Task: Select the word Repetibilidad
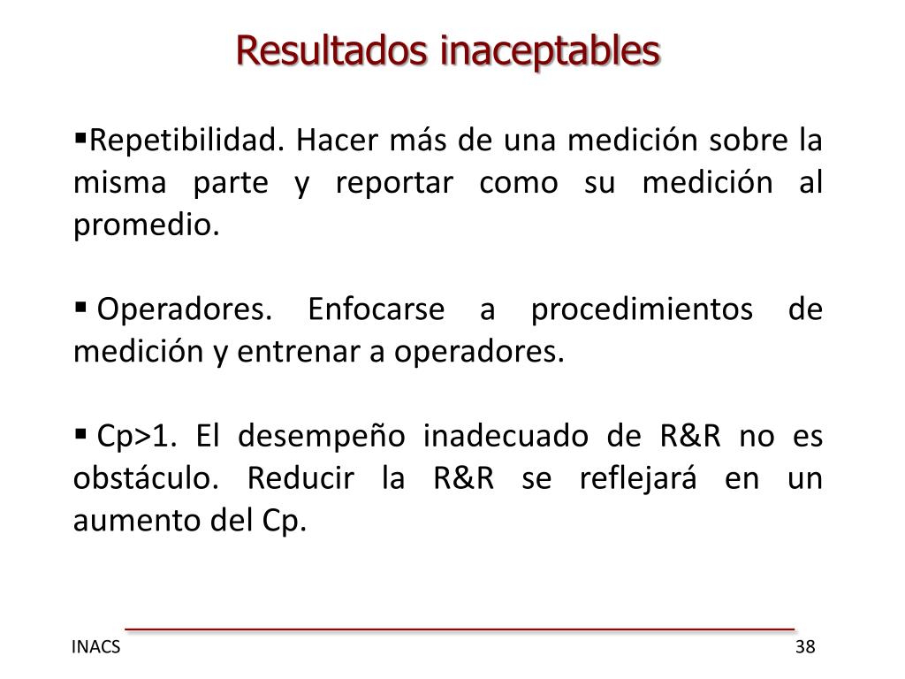click(185, 141)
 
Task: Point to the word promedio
click(144, 226)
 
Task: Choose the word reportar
click(392, 184)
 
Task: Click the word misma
click(107, 184)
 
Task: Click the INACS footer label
click(96, 647)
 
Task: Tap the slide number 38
click(804, 647)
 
